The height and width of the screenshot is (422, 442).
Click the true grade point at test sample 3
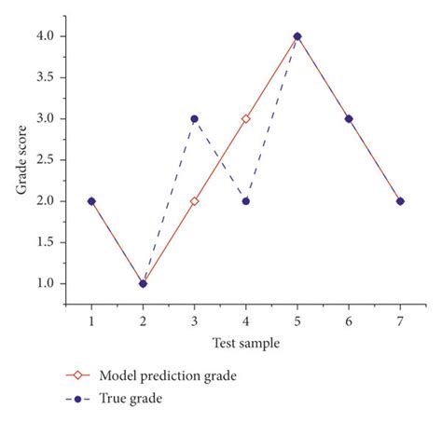pyautogui.click(x=194, y=119)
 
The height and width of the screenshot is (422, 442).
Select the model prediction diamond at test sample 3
pyautogui.click(x=194, y=201)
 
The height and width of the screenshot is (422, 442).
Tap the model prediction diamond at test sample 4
pyautogui.click(x=246, y=119)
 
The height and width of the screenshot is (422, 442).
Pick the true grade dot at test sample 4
pyautogui.click(x=246, y=201)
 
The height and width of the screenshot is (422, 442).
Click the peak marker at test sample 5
pyautogui.click(x=297, y=36)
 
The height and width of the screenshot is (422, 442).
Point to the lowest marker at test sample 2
pyautogui.click(x=143, y=283)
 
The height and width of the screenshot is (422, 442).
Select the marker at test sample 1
pyautogui.click(x=91, y=201)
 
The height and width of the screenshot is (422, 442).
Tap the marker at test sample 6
pyautogui.click(x=349, y=119)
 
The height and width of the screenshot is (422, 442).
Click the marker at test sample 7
pyautogui.click(x=400, y=201)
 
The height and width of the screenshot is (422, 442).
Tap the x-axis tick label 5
pyautogui.click(x=297, y=320)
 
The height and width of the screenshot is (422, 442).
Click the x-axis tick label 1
pyautogui.click(x=91, y=320)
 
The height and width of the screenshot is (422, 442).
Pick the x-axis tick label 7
pyautogui.click(x=400, y=320)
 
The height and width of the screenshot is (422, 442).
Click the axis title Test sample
pyautogui.click(x=245, y=342)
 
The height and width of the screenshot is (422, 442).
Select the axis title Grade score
pyautogui.click(x=21, y=160)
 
